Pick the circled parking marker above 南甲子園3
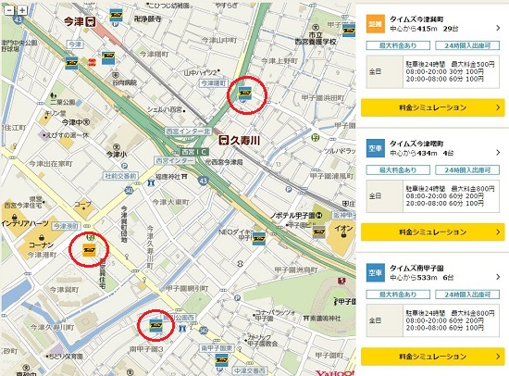click(154, 324)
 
